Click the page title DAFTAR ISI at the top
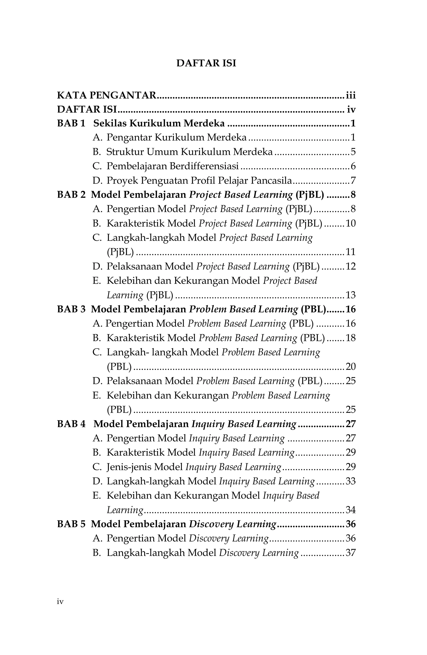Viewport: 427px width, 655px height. click(x=206, y=63)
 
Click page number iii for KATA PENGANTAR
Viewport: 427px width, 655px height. click(x=351, y=95)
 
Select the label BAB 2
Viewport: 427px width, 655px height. click(x=71, y=195)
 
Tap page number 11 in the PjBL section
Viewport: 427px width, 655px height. click(x=350, y=252)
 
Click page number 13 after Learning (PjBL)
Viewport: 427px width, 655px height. click(x=350, y=295)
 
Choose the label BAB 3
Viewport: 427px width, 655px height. click(x=71, y=309)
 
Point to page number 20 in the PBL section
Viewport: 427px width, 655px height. click(x=350, y=366)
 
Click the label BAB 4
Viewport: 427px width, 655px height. click(x=71, y=424)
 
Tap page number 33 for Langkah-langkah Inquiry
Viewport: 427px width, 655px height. click(x=350, y=481)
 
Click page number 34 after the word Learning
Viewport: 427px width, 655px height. click(x=350, y=510)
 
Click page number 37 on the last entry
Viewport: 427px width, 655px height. click(x=350, y=552)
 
